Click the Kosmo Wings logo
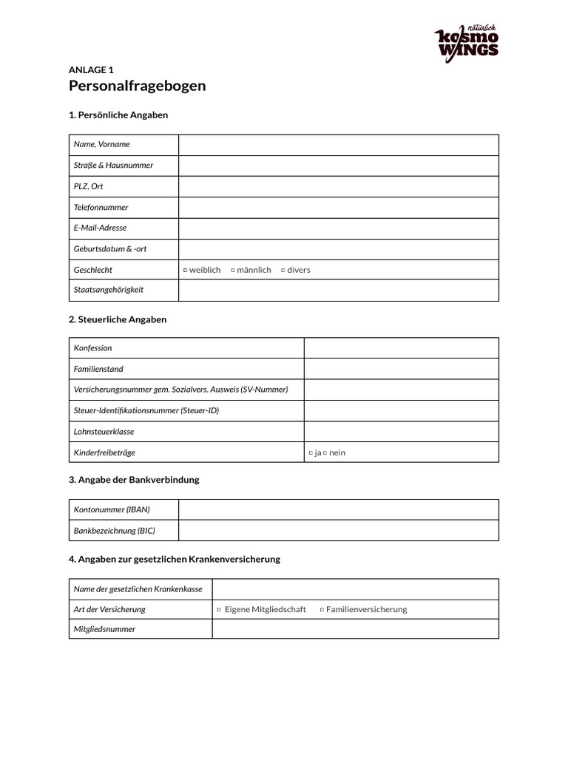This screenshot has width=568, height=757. (466, 43)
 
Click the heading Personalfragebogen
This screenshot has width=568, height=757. (137, 86)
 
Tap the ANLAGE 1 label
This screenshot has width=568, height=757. (91, 70)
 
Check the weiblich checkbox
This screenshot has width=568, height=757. (185, 271)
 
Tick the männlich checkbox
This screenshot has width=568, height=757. (233, 271)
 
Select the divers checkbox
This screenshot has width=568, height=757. (283, 271)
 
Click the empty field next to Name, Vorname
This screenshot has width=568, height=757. (338, 145)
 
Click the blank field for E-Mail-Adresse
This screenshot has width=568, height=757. (338, 228)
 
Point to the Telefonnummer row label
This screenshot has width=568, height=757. (101, 208)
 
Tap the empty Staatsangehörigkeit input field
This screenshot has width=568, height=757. (338, 291)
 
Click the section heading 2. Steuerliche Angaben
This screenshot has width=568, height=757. (118, 320)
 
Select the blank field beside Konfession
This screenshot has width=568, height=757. (401, 348)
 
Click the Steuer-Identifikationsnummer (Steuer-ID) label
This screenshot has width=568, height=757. (146, 411)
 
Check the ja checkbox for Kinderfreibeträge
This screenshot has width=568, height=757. (311, 453)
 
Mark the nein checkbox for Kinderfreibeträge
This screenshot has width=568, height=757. (325, 453)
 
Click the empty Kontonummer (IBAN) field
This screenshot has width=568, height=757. (338, 509)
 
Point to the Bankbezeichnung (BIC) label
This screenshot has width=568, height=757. (115, 531)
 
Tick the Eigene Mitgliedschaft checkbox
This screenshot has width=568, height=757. (219, 610)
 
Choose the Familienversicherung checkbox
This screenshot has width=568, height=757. (322, 610)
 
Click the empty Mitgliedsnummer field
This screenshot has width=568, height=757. (355, 629)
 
